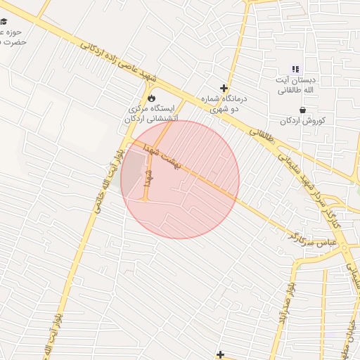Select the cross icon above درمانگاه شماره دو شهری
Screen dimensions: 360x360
[x=224, y=89]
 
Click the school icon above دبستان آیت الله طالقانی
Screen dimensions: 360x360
[x=295, y=69]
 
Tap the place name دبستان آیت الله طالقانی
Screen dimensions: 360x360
[x=295, y=85]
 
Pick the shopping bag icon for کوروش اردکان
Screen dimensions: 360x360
[x=302, y=109]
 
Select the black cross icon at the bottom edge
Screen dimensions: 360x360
[x=221, y=354]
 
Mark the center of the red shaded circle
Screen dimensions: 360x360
[x=180, y=180]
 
